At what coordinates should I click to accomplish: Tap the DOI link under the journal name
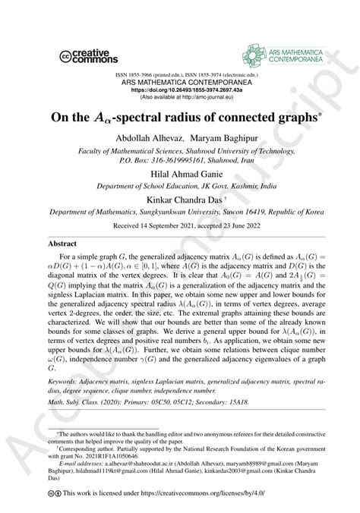tap(180, 89)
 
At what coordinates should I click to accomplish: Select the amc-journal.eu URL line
tap(180, 96)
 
